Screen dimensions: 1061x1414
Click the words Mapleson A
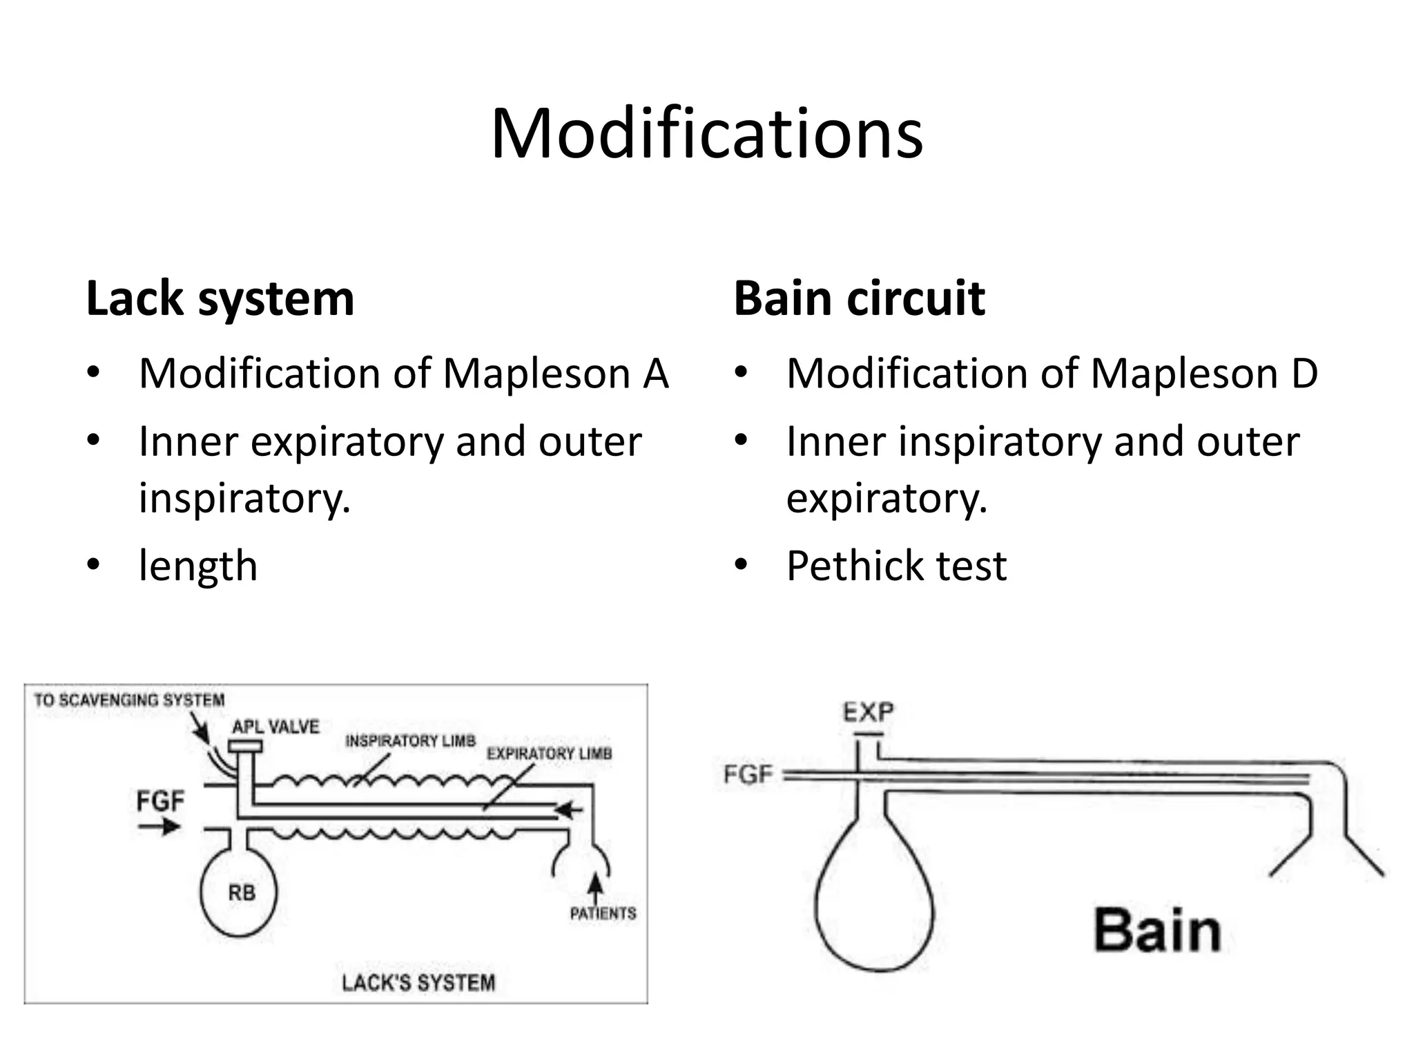(555, 374)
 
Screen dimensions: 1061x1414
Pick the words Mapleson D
(1203, 374)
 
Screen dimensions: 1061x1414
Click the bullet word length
(198, 566)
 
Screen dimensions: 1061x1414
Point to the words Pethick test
(896, 566)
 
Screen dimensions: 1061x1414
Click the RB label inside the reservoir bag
(241, 893)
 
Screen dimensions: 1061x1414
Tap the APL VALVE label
(275, 727)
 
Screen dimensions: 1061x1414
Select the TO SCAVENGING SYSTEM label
(129, 700)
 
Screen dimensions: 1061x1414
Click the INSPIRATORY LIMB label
(410, 741)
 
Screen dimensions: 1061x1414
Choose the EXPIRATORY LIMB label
(549, 754)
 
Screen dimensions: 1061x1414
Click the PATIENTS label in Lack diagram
(603, 913)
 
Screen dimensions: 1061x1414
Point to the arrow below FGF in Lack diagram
(159, 826)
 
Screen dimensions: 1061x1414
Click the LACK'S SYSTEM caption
(418, 982)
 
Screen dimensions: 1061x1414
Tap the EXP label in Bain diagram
(868, 711)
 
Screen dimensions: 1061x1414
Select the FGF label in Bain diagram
(748, 774)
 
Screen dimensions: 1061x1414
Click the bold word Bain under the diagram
(1157, 930)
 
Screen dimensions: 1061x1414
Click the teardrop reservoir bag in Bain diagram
(873, 905)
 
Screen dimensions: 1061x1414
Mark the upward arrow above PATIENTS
(595, 886)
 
